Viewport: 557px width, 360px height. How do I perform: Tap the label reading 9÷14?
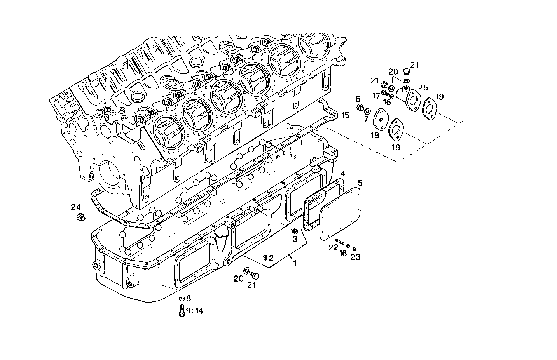coord(194,311)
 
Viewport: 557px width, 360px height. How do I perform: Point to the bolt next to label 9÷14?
coord(182,310)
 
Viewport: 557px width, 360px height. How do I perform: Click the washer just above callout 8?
coord(182,299)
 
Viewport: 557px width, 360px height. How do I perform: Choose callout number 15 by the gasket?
coord(346,115)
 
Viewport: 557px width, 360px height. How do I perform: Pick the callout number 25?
coord(423,88)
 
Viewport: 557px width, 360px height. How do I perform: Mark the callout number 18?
coord(375,135)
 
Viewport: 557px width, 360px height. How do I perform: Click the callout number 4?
coord(342,173)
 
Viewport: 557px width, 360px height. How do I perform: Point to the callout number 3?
coord(295,239)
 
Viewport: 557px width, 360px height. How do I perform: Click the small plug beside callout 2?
coord(265,257)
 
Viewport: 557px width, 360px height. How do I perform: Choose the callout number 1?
coord(295,263)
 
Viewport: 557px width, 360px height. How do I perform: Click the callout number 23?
coord(355,257)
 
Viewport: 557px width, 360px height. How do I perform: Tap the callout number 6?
coord(358,99)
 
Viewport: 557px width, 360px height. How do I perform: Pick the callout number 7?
coord(366,118)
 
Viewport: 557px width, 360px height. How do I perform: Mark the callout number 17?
coord(376,95)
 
